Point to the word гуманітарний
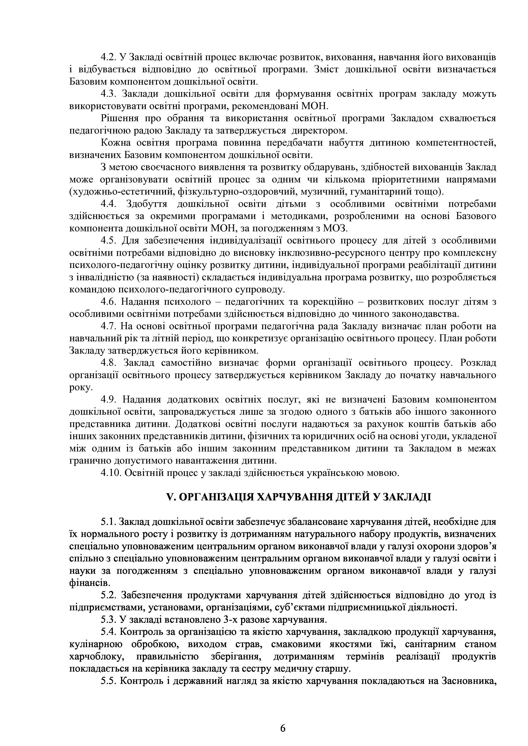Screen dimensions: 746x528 point(378,192)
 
